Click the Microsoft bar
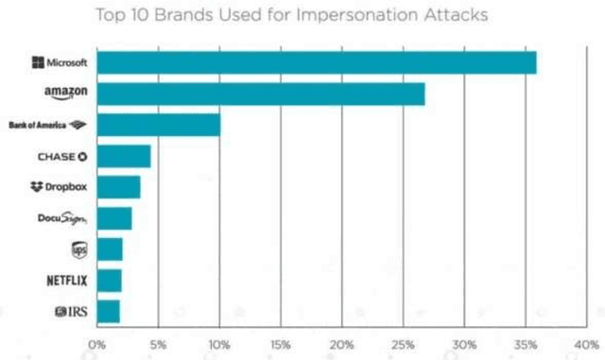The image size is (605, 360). pyautogui.click(x=316, y=62)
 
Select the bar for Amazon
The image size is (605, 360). pyautogui.click(x=260, y=94)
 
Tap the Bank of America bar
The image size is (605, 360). pyautogui.click(x=158, y=125)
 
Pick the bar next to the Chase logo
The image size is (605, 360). pyautogui.click(x=123, y=156)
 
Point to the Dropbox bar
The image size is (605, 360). pyautogui.click(x=118, y=187)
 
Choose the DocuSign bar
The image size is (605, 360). pyautogui.click(x=113, y=218)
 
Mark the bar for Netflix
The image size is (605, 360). pyautogui.click(x=109, y=281)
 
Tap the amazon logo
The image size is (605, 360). pyautogui.click(x=65, y=94)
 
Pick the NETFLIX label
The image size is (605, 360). pyautogui.click(x=66, y=281)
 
